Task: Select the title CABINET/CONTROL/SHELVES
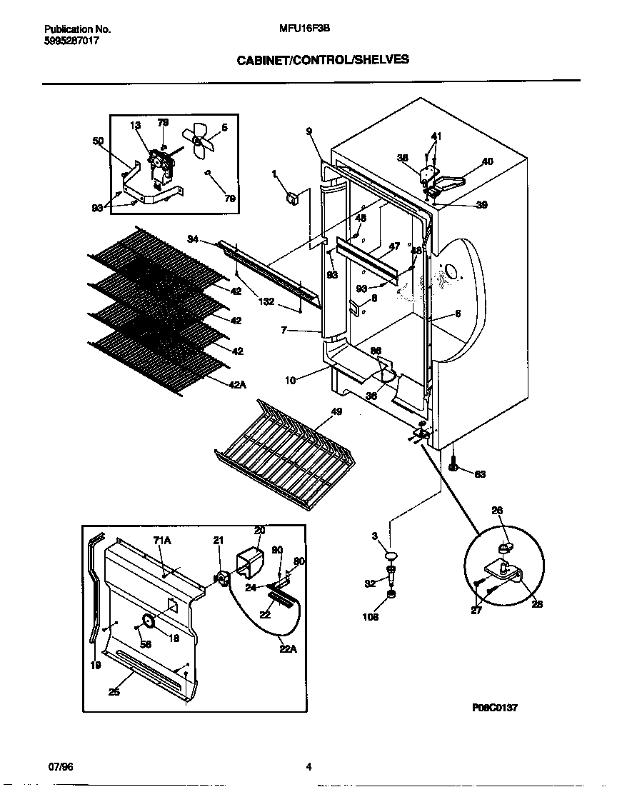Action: click(x=323, y=60)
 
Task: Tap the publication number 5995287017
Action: click(x=71, y=41)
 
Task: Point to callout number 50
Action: click(x=99, y=141)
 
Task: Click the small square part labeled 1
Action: click(x=291, y=197)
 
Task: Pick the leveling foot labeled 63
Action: click(x=455, y=468)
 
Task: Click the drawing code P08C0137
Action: click(x=494, y=708)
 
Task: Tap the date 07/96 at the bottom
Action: click(x=60, y=768)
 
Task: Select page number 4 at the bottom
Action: click(x=308, y=768)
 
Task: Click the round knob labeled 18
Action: click(x=149, y=622)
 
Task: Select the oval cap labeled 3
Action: click(x=391, y=555)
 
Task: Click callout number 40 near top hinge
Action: click(x=487, y=161)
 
